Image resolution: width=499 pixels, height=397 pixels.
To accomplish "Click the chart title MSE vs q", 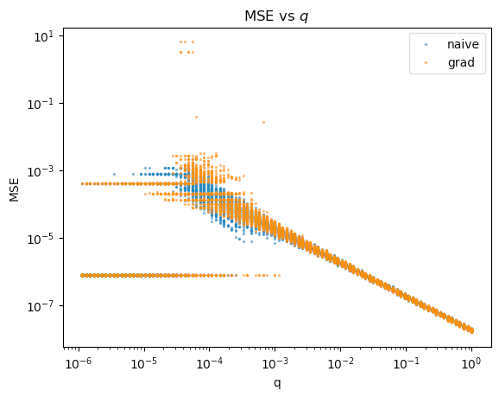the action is [276, 16].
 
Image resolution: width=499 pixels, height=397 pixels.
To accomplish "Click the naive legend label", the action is [463, 44].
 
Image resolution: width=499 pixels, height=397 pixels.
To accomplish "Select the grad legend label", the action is [461, 62].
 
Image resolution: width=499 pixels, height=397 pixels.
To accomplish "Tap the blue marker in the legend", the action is [426, 45].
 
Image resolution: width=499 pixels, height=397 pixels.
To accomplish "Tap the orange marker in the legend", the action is [426, 63].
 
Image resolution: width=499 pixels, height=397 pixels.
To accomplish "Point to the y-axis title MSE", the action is [15, 189].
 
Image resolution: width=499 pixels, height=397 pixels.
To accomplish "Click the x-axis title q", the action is [277, 383].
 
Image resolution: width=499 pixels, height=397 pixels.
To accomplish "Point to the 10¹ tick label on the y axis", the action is [44, 37].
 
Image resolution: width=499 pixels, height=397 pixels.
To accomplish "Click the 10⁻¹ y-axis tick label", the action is [41, 104].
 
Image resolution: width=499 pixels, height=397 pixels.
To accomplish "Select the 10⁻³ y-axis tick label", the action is [41, 171].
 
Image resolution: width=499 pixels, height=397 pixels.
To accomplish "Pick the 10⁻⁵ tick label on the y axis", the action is [41, 239].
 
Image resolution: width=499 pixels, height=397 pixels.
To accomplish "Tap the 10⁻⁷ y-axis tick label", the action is [41, 306].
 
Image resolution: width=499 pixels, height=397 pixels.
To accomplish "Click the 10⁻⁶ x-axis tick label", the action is [79, 363].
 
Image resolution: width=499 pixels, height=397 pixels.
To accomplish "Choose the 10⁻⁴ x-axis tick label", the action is [210, 363].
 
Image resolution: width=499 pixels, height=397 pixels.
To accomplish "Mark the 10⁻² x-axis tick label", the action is [340, 363].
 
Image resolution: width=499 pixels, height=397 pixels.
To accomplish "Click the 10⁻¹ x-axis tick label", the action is [406, 363].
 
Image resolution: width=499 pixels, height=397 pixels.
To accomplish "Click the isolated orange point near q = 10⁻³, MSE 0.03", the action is [263, 122].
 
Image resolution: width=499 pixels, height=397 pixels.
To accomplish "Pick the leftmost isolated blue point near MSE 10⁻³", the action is [114, 174].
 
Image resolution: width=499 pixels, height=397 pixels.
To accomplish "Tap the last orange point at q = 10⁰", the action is [472, 331].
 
